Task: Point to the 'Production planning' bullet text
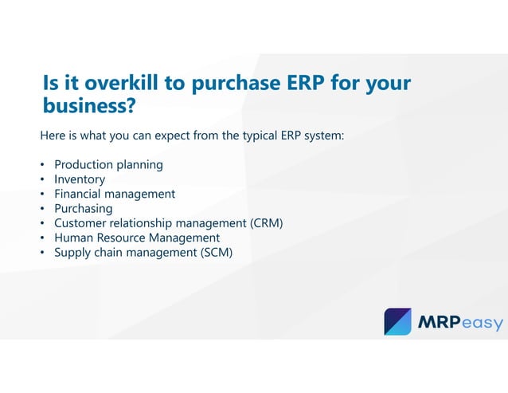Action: [108, 165]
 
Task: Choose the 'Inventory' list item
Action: [80, 179]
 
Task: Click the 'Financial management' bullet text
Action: [115, 194]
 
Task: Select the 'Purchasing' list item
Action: [83, 208]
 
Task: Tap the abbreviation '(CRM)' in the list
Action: [266, 223]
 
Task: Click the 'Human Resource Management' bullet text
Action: [137, 238]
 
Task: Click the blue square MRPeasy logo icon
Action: [397, 321]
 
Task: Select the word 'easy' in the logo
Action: [485, 323]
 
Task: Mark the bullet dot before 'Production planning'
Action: [43, 166]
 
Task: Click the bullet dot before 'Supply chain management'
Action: [43, 253]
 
